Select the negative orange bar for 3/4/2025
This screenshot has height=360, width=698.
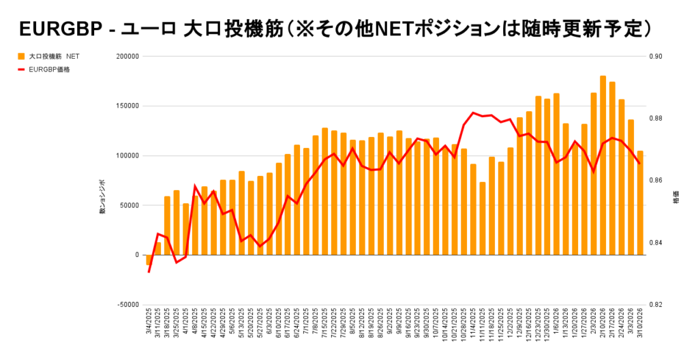pyautogui.click(x=149, y=260)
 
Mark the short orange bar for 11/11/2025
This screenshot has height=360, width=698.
pyautogui.click(x=483, y=218)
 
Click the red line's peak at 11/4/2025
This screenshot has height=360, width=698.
pyautogui.click(x=473, y=112)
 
